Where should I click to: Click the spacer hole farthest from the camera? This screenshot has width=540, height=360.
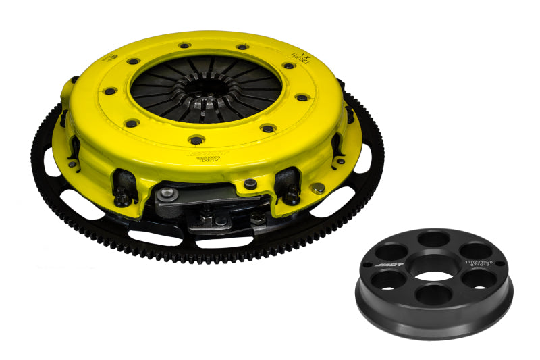[x=433, y=241]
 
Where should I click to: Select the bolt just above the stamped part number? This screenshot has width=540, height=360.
[x=196, y=140]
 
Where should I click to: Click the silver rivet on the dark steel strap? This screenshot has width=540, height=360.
[x=172, y=194]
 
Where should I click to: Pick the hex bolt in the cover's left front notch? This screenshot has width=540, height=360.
[x=124, y=197]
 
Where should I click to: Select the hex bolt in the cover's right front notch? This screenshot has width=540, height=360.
[x=292, y=195]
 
